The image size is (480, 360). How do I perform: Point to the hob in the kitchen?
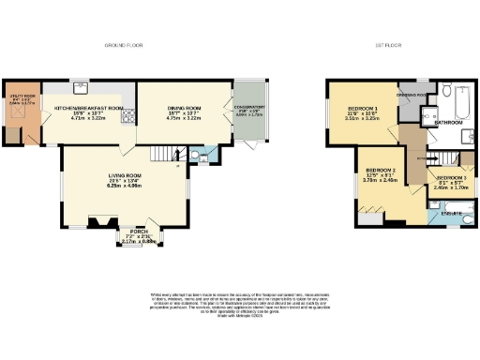[129, 115]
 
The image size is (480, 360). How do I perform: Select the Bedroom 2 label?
[380, 173]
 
